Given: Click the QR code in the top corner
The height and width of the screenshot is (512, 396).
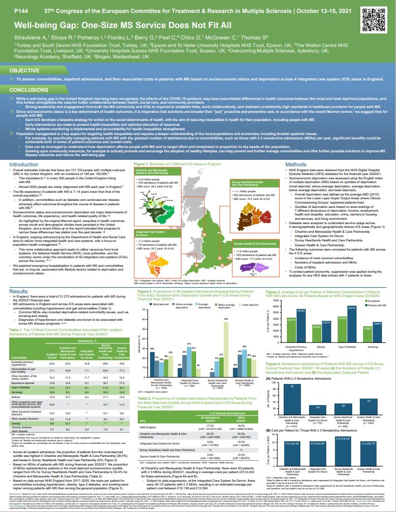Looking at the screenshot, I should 381,15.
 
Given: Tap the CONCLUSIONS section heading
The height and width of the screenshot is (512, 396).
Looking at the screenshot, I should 29,90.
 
